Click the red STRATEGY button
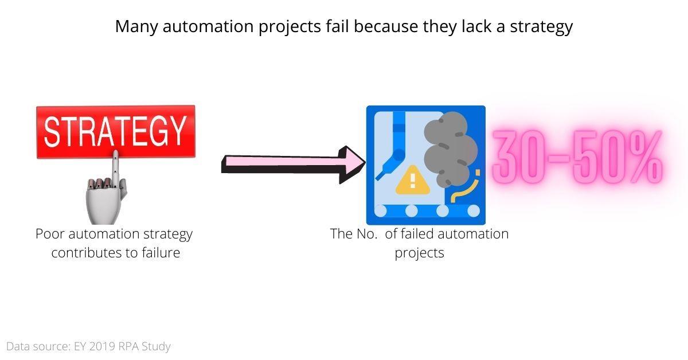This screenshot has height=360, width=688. (x=115, y=131)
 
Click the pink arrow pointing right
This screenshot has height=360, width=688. (x=292, y=164)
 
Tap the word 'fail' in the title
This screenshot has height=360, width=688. (x=339, y=26)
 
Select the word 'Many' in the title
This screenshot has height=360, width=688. (x=136, y=26)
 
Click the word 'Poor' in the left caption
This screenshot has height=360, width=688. (x=48, y=234)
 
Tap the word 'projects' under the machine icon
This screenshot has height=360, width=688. (x=419, y=253)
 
